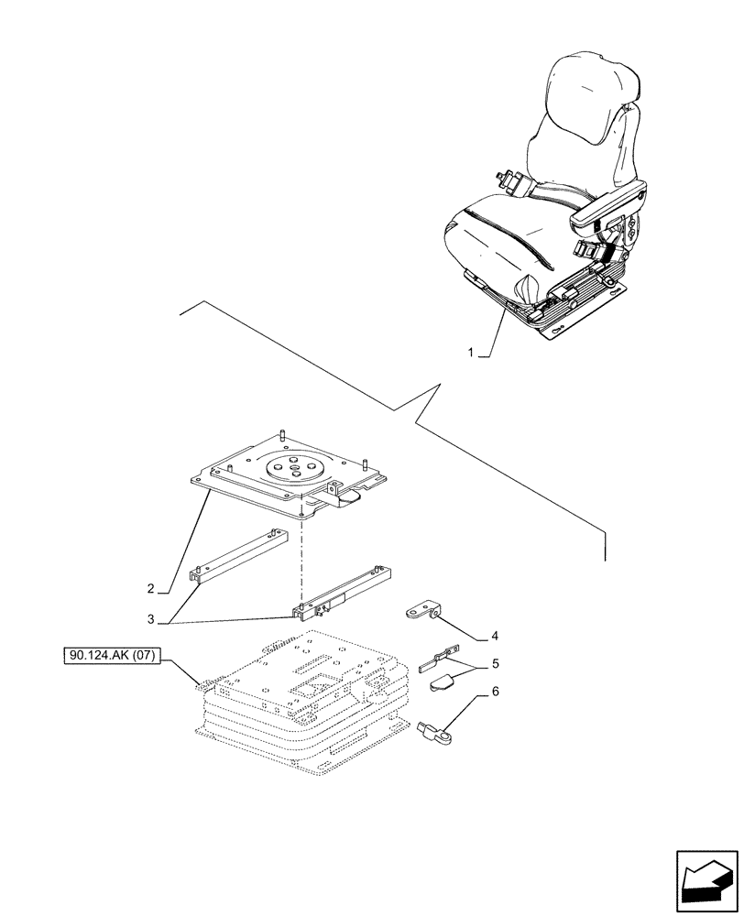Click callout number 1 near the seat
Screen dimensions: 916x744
click(x=471, y=352)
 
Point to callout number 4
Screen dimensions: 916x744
click(x=495, y=635)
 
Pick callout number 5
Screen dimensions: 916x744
click(x=495, y=662)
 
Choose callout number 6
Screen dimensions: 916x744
click(x=495, y=693)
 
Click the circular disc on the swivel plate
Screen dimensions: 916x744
click(x=296, y=468)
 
